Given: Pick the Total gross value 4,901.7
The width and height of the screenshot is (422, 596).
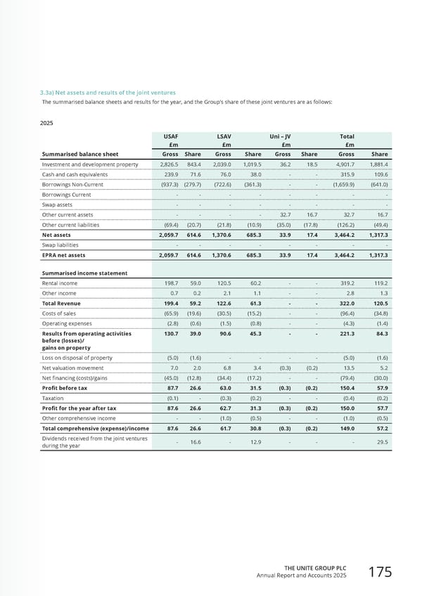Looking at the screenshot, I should click(341, 164).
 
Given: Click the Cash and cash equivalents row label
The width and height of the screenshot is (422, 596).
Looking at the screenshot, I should click(75, 174).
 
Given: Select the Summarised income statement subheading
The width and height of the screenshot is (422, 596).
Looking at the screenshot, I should click(84, 273).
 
